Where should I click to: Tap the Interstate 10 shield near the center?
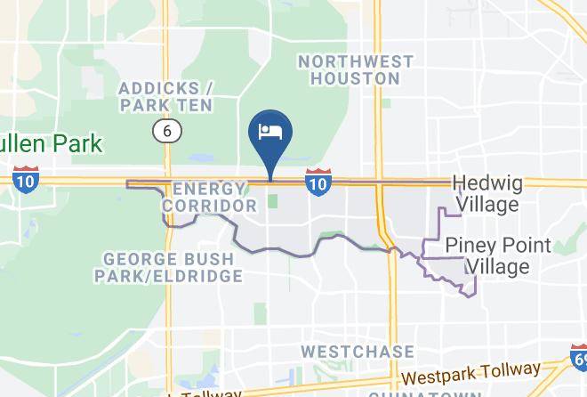[318, 182]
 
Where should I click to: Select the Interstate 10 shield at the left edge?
[25, 178]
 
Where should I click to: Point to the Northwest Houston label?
[356, 69]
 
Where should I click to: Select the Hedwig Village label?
[485, 193]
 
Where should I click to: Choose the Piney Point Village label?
[498, 255]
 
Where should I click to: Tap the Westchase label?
[358, 352]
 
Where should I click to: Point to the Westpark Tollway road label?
[470, 373]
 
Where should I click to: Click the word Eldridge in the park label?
[205, 276]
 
